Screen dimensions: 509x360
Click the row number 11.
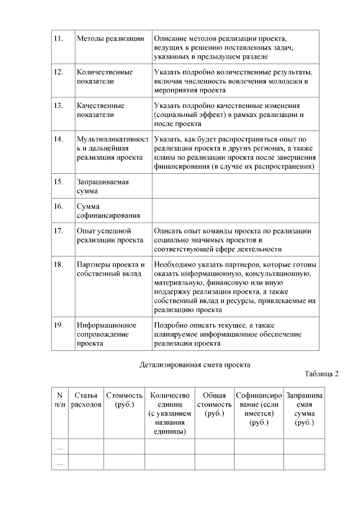(x=58, y=38)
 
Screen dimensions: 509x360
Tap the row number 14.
(x=58, y=138)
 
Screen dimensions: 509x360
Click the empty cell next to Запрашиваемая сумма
(x=235, y=186)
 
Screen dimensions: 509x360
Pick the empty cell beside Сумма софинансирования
(x=235, y=211)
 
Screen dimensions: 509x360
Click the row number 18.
(x=58, y=265)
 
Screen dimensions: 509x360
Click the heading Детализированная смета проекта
(x=195, y=364)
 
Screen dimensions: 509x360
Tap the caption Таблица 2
(x=322, y=374)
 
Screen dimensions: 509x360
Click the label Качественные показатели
(x=101, y=110)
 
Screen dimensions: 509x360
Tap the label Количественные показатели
(x=105, y=76)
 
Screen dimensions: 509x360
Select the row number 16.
(x=58, y=206)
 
